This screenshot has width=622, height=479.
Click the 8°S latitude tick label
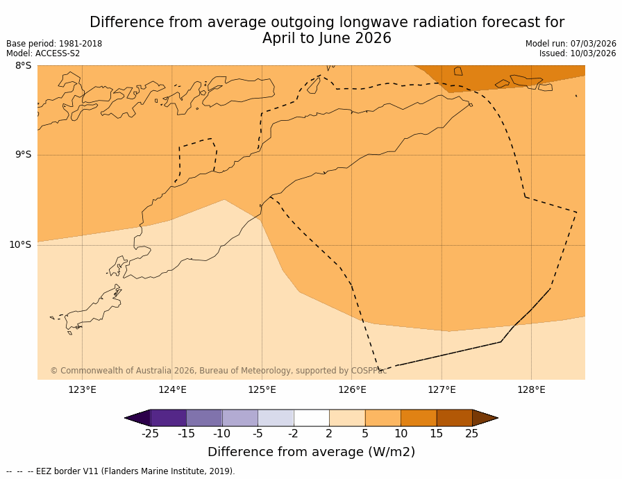point(23,66)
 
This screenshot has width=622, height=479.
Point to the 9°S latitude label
point(23,155)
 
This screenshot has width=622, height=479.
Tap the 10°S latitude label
point(20,244)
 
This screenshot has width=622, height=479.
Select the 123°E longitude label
point(82,389)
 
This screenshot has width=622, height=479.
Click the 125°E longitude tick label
point(262,389)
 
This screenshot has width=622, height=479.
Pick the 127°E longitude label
point(442,389)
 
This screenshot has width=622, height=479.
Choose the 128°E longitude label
point(531,389)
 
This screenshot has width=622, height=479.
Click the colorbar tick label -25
point(150,434)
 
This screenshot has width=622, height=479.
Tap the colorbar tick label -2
point(293,434)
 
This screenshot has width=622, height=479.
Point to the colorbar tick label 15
point(436,434)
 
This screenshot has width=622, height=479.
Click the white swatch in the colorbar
point(311,418)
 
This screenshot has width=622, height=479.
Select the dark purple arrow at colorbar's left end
point(138,418)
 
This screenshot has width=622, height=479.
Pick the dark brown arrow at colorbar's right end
point(485,418)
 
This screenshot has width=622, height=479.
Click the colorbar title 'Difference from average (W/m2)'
point(311,452)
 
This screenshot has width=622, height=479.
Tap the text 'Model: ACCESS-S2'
point(43,53)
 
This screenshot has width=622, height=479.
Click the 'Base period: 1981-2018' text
point(54,44)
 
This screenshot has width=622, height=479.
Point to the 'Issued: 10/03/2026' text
point(578,53)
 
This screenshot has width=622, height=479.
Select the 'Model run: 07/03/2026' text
point(571,44)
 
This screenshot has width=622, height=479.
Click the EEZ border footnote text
point(121,471)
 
